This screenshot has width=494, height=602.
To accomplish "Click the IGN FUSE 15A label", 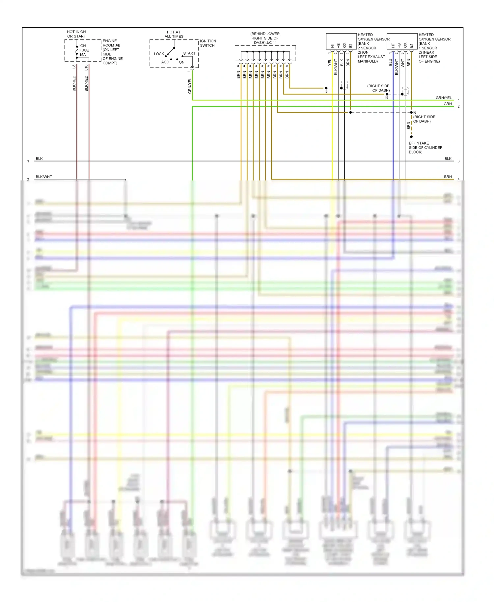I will pos(84,50).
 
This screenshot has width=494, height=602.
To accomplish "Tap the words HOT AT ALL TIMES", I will pos(174,34).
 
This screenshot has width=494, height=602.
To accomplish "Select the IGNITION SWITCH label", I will pos(208,43).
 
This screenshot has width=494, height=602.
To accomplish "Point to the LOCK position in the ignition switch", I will pos(159,54).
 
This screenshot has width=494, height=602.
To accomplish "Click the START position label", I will pos(189,53).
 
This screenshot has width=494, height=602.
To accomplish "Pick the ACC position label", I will pos(165,62).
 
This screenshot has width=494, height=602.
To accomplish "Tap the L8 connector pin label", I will pos(74,67).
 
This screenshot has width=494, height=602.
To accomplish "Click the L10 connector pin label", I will pos(86,67).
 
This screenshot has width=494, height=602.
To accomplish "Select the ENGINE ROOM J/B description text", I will pos(112,52).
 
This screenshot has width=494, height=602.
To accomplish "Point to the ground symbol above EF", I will pos(411,138).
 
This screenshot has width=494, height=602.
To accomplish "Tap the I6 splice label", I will pos(415,112).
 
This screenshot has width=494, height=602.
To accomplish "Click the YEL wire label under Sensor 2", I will pos(330,63).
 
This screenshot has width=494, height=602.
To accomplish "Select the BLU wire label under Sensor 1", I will pos(391,62).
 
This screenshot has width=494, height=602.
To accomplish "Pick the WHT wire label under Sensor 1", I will pos(402,63).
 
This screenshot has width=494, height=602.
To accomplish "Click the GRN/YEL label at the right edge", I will pos(444,98).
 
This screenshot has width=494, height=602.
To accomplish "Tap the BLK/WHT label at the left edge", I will pos(44,177).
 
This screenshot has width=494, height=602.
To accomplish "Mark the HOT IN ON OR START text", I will pos(76,34).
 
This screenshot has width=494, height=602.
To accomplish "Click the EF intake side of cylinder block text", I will pos(425,148).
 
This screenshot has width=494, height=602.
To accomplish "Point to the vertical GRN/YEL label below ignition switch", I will pos(190,86).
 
